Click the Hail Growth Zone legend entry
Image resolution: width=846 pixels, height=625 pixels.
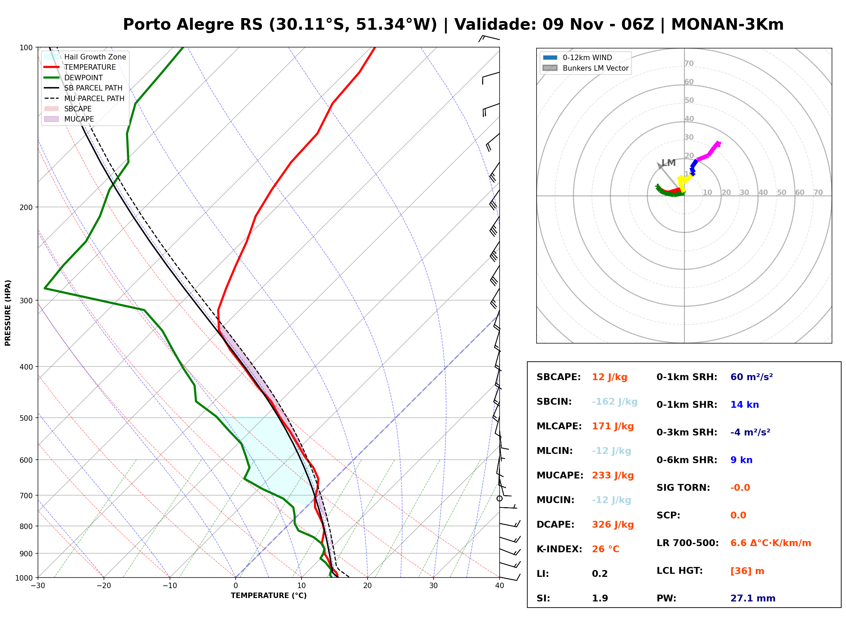tap(85, 57)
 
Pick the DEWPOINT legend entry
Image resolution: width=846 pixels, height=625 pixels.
tap(74, 78)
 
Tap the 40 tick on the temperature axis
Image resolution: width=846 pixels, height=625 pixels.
tap(500, 585)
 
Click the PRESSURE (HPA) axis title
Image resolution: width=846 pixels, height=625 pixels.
tap(8, 313)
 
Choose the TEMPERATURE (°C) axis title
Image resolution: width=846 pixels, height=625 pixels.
tap(269, 596)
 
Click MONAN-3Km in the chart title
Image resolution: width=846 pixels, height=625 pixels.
tap(727, 25)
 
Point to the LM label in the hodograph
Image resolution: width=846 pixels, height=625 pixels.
tap(669, 163)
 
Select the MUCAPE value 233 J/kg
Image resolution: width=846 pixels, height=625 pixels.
tap(613, 475)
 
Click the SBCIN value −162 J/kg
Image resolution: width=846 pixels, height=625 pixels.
tap(614, 402)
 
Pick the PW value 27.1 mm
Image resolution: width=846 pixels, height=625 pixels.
tap(753, 598)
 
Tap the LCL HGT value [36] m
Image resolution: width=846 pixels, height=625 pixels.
tap(747, 571)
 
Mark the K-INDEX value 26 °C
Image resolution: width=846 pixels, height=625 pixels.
tap(606, 549)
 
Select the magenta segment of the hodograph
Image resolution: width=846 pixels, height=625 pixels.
tap(709, 151)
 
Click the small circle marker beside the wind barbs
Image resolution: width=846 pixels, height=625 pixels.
tap(500, 499)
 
